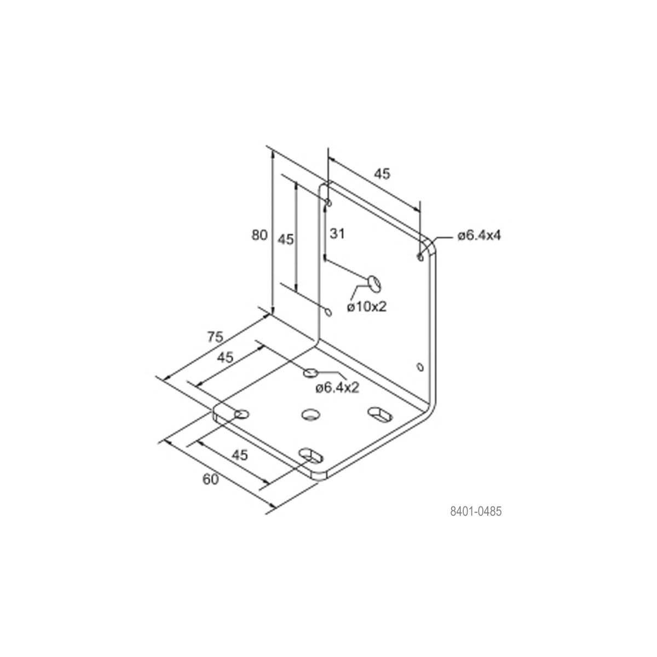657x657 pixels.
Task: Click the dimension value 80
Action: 259,235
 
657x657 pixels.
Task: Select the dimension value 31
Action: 337,234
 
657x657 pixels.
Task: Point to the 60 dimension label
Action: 211,479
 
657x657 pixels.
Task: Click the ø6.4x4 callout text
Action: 479,235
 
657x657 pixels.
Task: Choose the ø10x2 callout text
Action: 366,307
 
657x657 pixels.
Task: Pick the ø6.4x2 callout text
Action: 337,388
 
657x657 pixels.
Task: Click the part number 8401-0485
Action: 475,512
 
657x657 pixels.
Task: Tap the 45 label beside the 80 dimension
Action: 286,239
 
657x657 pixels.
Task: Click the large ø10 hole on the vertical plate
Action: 374,283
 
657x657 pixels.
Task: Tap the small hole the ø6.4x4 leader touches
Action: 420,256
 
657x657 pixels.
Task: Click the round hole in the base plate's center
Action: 310,414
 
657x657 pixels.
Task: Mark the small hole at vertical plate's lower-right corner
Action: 420,366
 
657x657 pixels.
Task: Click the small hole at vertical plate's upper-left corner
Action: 328,204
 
